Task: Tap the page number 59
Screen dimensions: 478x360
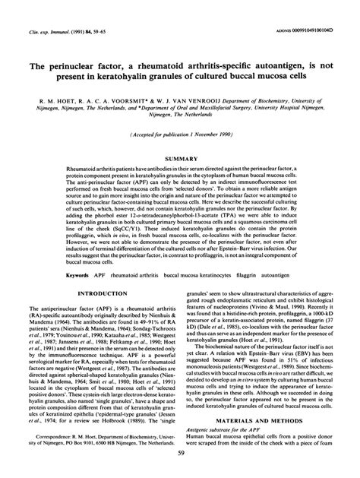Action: [x=180, y=454]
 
